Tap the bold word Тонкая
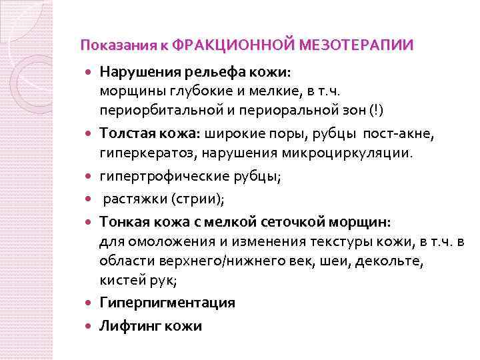tap(125, 221)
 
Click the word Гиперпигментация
tap(167, 303)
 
